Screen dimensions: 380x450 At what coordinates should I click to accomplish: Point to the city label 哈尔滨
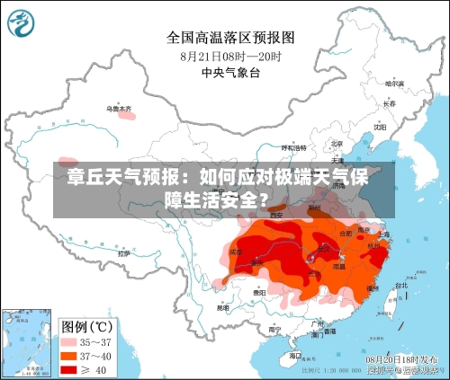tap(393, 84)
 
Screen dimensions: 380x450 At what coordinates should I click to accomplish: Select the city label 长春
tap(389, 103)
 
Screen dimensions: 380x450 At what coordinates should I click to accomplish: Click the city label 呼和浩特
tap(294, 147)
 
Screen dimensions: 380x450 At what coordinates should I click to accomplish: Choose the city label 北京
tap(336, 144)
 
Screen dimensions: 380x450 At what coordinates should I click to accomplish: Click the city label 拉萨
tap(122, 254)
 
